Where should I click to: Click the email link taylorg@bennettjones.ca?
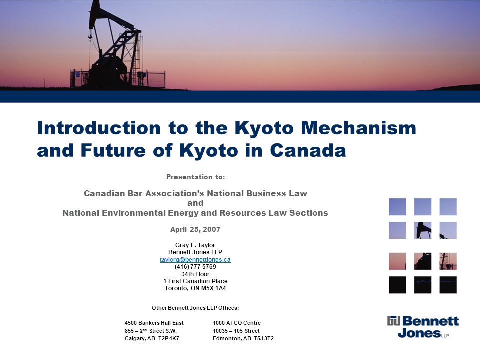tap(195, 260)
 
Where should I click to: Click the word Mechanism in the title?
tap(359, 128)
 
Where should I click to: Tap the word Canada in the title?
tap(308, 150)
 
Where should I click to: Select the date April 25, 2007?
tap(195, 229)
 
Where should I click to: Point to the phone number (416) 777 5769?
tap(195, 267)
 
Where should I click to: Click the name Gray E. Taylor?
tap(195, 245)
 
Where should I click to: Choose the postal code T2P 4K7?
tap(169, 338)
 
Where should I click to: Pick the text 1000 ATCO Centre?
tap(237, 323)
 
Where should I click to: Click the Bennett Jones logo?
tap(423, 327)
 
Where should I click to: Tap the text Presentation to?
tap(196, 177)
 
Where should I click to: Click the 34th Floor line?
tap(195, 274)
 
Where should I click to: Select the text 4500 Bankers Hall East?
tap(154, 323)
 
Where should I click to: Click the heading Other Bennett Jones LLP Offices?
tap(195, 308)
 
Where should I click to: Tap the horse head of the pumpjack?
tap(95, 8)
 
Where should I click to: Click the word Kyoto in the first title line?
tap(264, 128)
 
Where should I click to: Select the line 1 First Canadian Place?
tap(195, 281)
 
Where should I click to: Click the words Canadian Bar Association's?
tap(144, 193)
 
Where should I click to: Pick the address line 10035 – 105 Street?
tap(236, 331)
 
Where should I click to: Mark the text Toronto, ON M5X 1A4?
tap(195, 288)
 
